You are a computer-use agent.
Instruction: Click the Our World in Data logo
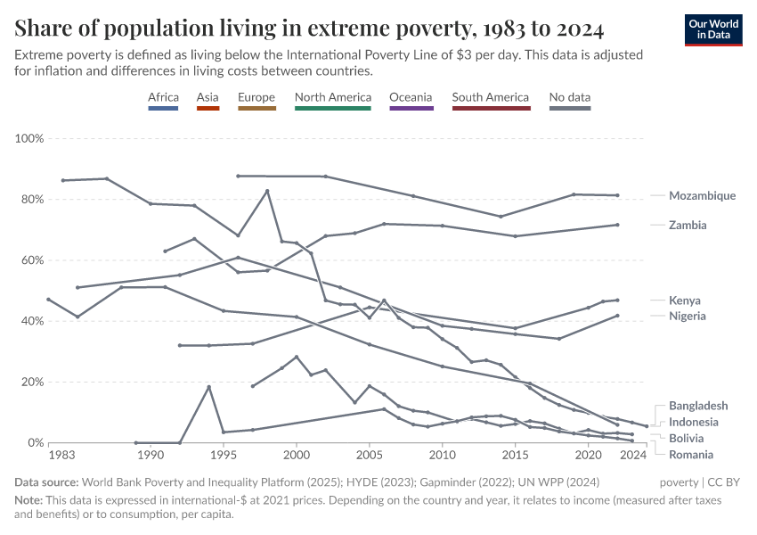[x=713, y=29]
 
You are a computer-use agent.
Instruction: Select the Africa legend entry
[x=164, y=97]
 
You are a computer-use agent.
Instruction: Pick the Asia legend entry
[x=208, y=97]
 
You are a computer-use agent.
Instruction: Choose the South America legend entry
[x=491, y=97]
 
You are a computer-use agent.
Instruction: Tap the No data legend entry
[x=570, y=97]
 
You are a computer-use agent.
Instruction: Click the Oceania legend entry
[x=411, y=97]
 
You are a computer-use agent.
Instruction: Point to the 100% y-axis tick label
[x=29, y=139]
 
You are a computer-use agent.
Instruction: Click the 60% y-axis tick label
[x=32, y=260]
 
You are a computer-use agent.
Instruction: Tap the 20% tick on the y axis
[x=32, y=382]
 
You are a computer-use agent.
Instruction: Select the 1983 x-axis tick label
[x=61, y=456]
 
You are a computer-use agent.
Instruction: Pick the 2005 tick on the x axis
[x=370, y=456]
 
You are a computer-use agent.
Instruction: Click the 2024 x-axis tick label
[x=633, y=456]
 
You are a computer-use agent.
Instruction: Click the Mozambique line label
[x=702, y=195]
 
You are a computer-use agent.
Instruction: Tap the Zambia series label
[x=688, y=226]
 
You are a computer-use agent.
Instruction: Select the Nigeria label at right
[x=688, y=316]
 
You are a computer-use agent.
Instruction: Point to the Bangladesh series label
[x=698, y=406]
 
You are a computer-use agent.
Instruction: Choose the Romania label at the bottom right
[x=690, y=454]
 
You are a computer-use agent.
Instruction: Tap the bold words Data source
[x=48, y=482]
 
